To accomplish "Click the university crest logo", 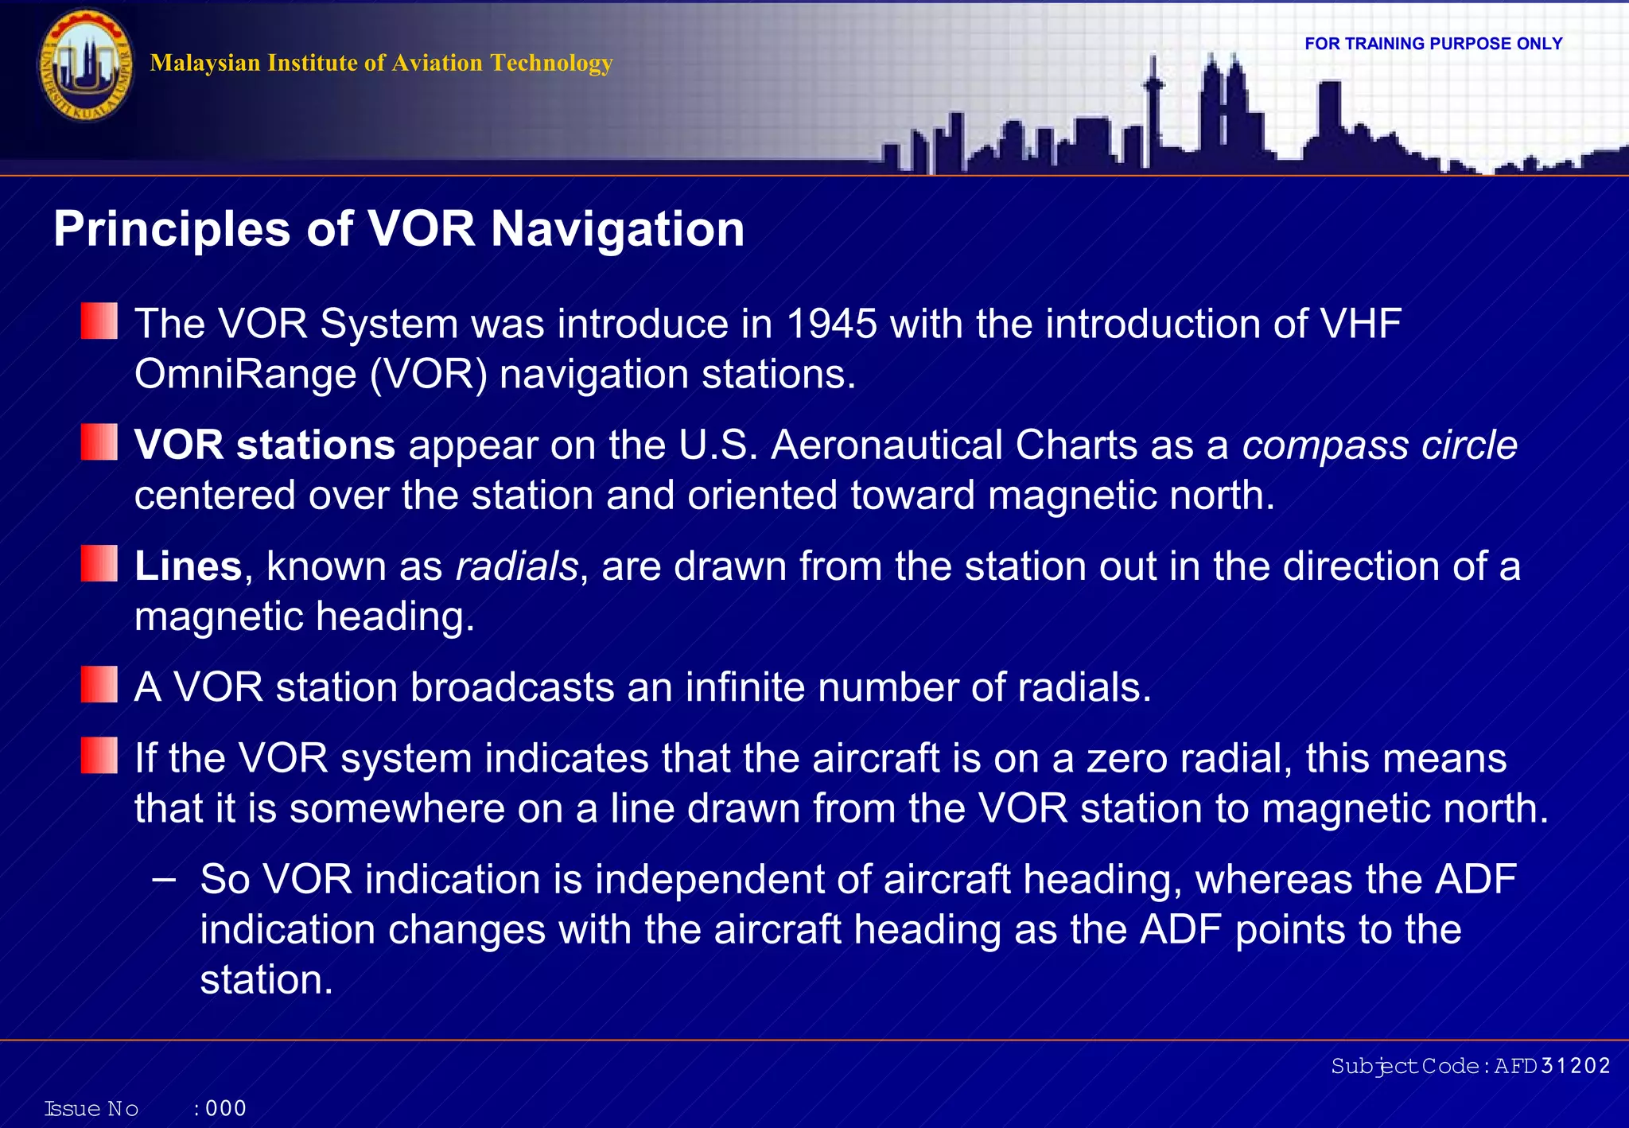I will tap(86, 65).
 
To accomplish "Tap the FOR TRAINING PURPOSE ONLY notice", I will tap(1433, 44).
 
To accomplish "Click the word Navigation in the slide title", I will tap(617, 229).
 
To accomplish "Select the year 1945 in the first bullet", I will tap(831, 324).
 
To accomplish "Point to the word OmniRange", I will tap(245, 374).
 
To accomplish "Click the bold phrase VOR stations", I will tap(264, 445).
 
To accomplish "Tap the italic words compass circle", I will tap(1379, 445).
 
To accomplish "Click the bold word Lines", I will tap(188, 566).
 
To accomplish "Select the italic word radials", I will tap(517, 566).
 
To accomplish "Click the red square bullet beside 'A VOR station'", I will tap(99, 685).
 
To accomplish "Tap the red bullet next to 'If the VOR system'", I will tap(99, 756).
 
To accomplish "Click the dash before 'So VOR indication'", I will tap(163, 879).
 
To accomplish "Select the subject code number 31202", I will tap(1576, 1066).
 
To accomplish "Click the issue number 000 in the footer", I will tap(226, 1108).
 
